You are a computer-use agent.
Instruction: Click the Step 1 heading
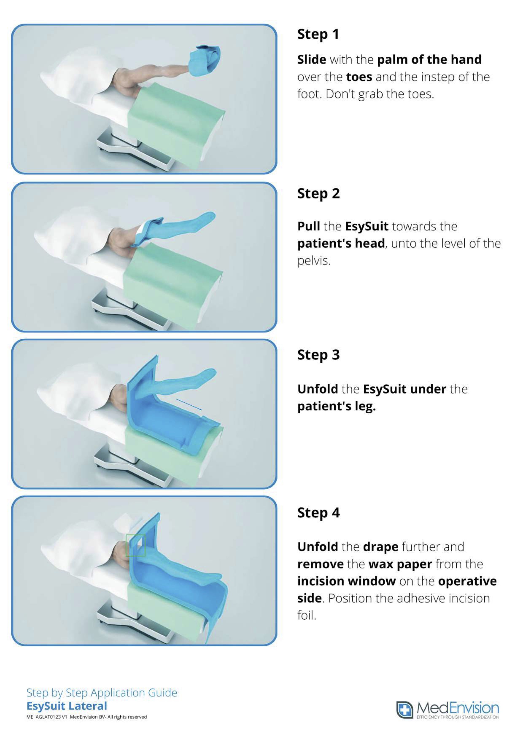pyautogui.click(x=318, y=34)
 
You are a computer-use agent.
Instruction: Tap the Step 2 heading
pyautogui.click(x=318, y=194)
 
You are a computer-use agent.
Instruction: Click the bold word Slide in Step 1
pyautogui.click(x=312, y=60)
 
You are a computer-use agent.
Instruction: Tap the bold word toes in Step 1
pyautogui.click(x=359, y=77)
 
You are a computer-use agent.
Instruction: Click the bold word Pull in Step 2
pyautogui.click(x=309, y=226)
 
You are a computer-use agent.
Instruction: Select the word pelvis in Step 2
pyautogui.click(x=314, y=261)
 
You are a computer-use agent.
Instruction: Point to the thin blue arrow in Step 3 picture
pyautogui.click(x=189, y=404)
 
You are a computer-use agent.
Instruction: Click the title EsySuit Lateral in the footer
pyautogui.click(x=67, y=706)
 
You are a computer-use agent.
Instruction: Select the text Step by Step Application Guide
pyautogui.click(x=102, y=693)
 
